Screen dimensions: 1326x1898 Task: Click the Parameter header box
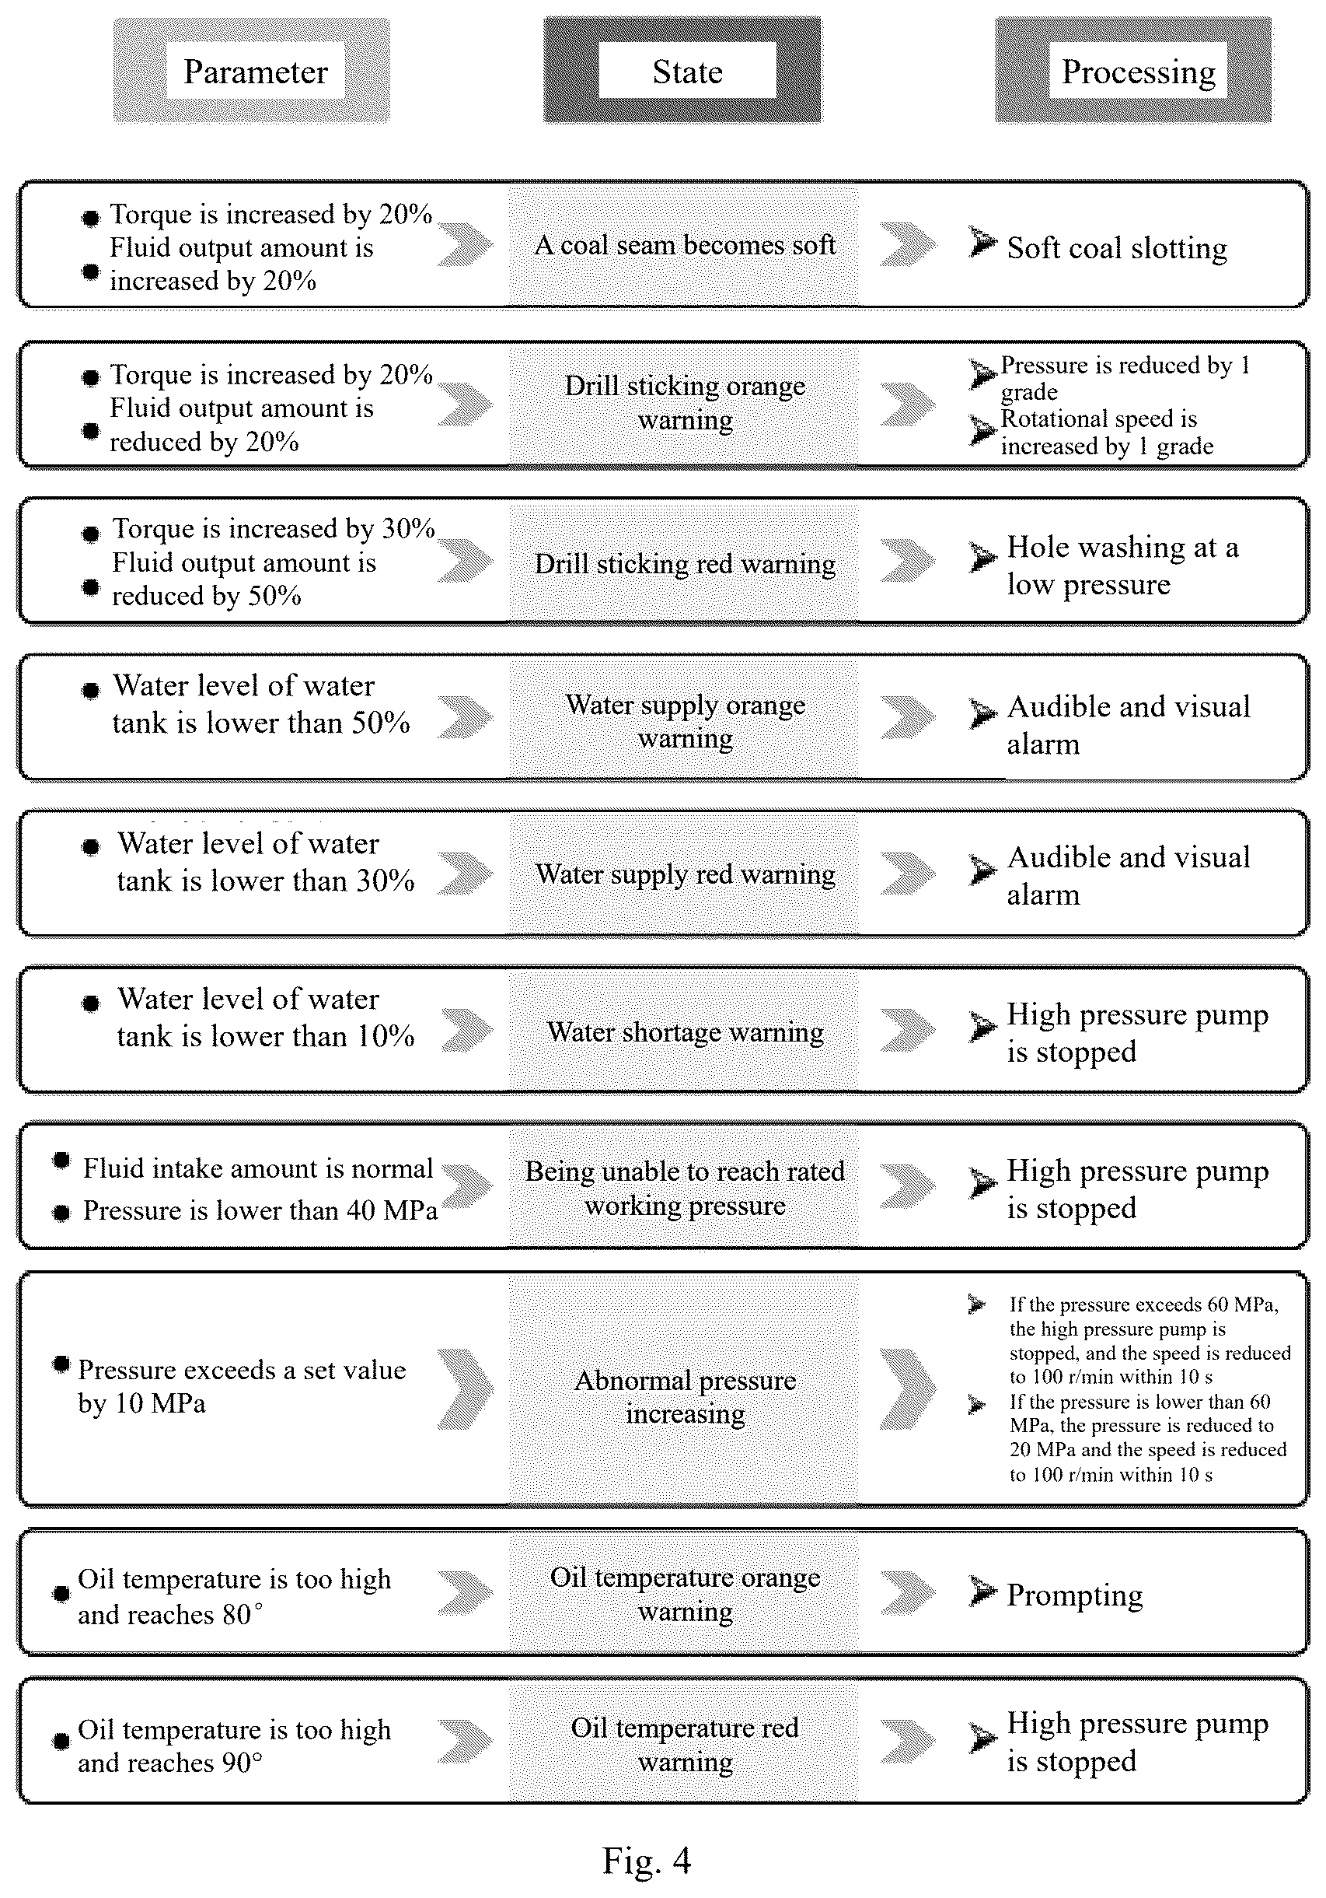click(251, 71)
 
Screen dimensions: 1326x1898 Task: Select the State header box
click(682, 71)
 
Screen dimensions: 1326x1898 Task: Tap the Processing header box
click(1132, 71)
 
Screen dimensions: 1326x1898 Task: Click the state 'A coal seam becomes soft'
click(685, 245)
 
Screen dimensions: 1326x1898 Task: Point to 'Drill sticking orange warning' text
click(685, 403)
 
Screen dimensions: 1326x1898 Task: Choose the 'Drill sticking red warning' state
click(685, 564)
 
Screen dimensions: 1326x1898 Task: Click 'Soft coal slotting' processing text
click(1117, 248)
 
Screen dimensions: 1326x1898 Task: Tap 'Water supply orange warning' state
click(685, 721)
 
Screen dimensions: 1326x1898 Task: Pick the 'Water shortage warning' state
click(685, 1031)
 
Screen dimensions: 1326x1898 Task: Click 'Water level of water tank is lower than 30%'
click(265, 861)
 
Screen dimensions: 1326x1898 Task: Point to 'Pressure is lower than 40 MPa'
click(260, 1210)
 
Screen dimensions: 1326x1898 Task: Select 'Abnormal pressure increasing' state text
click(685, 1397)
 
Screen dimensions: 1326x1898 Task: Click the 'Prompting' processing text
click(1075, 1595)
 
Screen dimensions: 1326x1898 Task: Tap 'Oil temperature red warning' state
click(685, 1745)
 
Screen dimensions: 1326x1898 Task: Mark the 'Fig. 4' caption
click(646, 1861)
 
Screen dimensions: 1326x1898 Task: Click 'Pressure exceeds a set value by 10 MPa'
click(242, 1386)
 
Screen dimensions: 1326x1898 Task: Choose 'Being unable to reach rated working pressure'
click(685, 1188)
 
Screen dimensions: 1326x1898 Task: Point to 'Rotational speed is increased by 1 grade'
click(1107, 432)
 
